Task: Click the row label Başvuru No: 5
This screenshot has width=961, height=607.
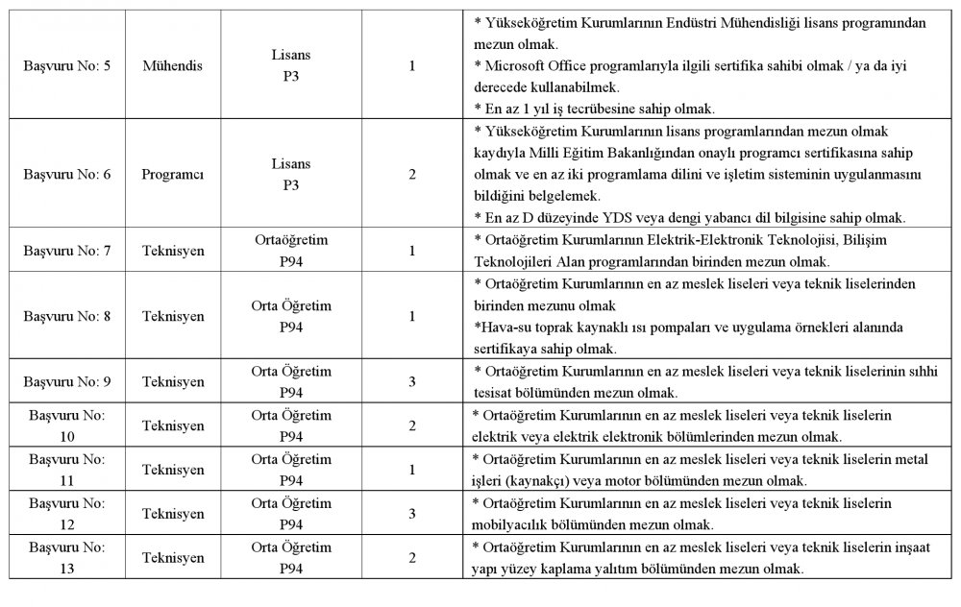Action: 66,66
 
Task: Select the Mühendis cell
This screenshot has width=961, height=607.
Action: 173,66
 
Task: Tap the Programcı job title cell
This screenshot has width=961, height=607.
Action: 173,175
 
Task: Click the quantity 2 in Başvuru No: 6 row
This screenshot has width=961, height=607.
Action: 412,175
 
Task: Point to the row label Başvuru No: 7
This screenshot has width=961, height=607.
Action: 66,250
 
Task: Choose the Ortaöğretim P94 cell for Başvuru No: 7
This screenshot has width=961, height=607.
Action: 291,250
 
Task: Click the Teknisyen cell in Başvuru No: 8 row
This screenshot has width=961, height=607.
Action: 173,315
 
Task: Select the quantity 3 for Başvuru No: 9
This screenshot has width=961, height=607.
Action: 412,381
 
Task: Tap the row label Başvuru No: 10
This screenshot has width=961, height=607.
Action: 66,425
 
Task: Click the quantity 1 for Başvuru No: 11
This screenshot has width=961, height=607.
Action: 412,470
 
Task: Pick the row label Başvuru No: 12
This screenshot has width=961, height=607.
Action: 66,514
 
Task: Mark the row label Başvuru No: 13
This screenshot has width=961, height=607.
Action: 66,558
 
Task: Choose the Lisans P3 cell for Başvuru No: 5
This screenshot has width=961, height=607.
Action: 291,66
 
